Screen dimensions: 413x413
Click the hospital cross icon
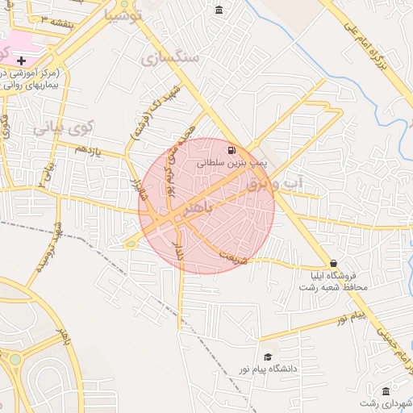(20, 61)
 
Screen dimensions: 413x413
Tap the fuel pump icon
(232, 150)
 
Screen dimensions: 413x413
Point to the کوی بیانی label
(64, 128)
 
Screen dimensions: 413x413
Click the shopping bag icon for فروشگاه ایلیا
(333, 264)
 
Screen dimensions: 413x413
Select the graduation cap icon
(268, 357)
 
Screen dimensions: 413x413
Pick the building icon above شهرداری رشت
(386, 390)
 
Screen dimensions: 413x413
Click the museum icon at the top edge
(219, 10)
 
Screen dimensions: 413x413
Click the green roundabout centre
(15, 360)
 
